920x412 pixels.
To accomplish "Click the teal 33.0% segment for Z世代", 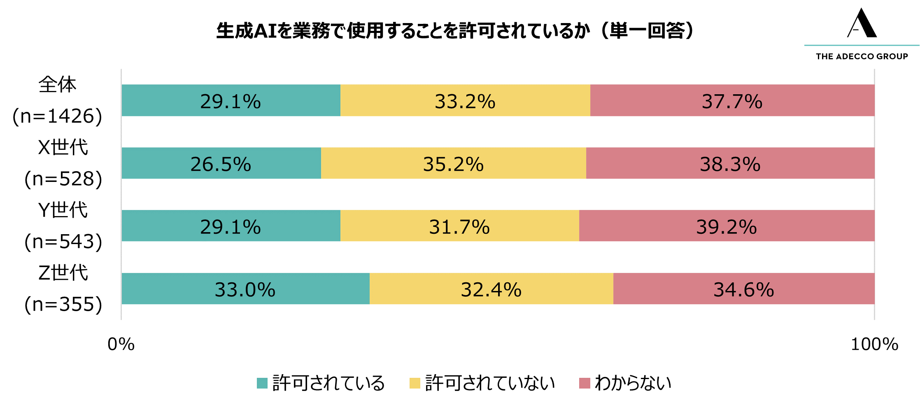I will click(245, 289).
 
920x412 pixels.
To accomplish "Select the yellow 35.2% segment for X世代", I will click(453, 163).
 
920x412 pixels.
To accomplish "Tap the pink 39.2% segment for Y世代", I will click(727, 226).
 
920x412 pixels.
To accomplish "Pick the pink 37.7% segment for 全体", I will click(732, 100).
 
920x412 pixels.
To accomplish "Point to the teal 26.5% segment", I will click(221, 163).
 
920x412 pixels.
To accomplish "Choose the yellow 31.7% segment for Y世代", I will click(459, 226).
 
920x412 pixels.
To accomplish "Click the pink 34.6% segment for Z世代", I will click(743, 289).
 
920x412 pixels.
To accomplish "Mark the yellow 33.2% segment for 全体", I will click(465, 100).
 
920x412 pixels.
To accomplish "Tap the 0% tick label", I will click(121, 344).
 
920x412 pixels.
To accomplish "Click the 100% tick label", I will click(874, 344).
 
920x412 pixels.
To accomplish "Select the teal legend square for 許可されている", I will click(262, 383).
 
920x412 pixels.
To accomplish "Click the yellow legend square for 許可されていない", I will click(415, 383).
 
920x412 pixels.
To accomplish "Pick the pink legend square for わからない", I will click(585, 383).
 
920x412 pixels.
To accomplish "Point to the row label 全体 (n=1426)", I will click(58, 100).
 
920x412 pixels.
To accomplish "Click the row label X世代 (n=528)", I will click(63, 163).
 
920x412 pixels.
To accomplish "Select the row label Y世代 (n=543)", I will click(63, 226).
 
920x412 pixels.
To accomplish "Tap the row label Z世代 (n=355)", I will click(63, 289).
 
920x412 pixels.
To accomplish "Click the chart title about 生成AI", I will click(455, 31).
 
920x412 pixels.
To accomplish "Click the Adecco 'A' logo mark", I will click(862, 23).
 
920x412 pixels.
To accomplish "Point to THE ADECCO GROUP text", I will click(862, 56).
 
